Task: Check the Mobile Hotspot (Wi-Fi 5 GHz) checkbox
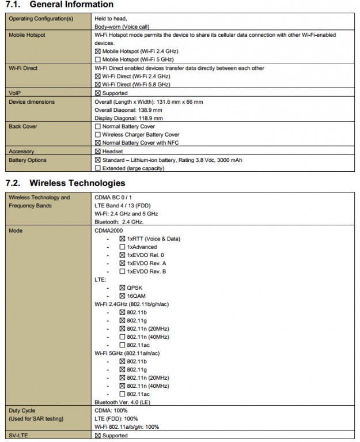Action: point(98,59)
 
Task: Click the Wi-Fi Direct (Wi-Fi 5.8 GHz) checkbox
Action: point(98,84)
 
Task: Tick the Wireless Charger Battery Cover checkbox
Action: point(98,134)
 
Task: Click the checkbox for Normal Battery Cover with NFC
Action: point(98,142)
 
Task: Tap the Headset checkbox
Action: point(98,151)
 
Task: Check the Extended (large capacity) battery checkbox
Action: point(98,168)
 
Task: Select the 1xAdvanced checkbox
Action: point(122,247)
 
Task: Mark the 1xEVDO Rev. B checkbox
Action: point(122,271)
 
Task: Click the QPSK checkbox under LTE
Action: point(122,288)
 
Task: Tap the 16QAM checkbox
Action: point(122,296)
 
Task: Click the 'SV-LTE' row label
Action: point(18,435)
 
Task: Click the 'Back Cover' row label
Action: point(23,126)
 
